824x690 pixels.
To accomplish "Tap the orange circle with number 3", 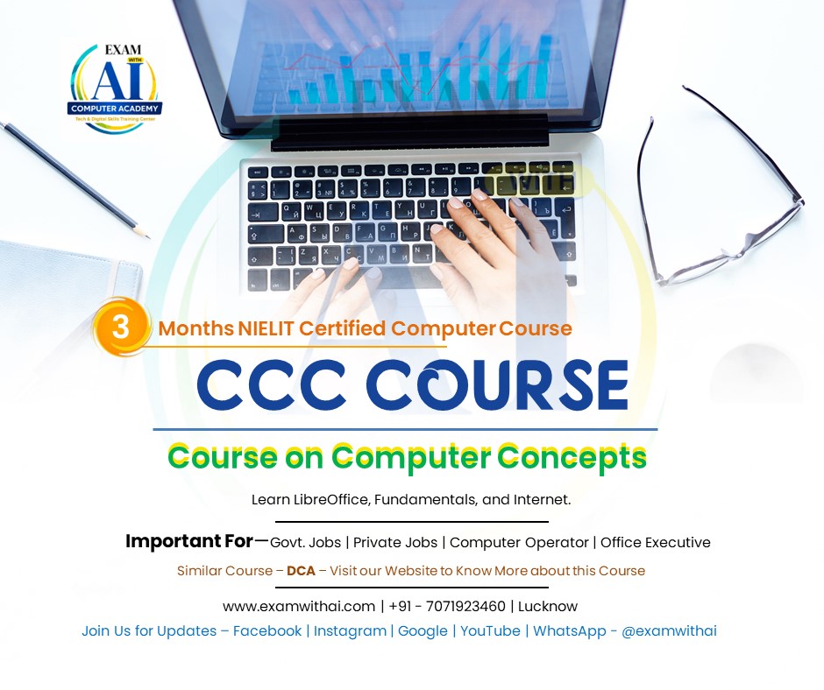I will [121, 327].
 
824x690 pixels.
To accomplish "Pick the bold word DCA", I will [301, 571].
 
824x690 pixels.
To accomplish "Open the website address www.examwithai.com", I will [298, 606].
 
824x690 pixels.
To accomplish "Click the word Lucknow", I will [548, 606].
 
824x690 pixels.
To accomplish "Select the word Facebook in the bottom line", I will [267, 630].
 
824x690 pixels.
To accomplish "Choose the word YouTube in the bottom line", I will [490, 630].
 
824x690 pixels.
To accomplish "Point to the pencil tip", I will [144, 235].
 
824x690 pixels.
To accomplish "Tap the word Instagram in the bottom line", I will [350, 630].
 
